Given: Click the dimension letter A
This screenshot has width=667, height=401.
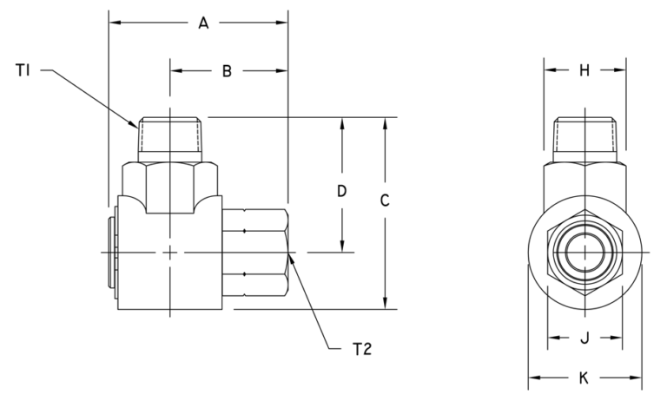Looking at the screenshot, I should (202, 23).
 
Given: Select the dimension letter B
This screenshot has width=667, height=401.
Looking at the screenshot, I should (226, 72).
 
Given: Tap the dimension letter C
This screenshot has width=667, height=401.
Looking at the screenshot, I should (385, 200).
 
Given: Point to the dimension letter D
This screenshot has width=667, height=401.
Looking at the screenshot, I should (342, 191).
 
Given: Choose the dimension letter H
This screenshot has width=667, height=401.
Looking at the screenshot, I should (584, 71).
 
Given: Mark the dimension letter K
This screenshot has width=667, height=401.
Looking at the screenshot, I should (584, 378).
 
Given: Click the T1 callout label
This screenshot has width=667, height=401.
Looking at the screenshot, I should (23, 70).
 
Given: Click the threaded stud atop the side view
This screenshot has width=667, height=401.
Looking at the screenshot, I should (171, 137).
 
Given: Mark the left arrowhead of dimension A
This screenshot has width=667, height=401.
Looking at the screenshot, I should (112, 23).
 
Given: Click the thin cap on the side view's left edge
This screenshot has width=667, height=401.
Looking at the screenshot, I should (112, 253).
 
